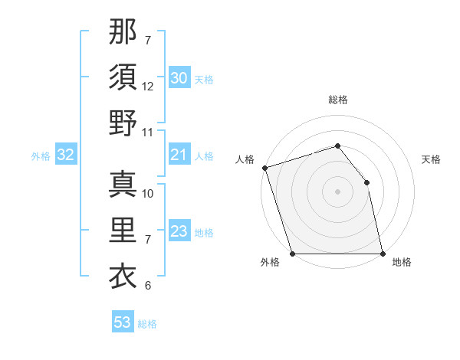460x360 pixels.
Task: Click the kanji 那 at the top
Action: (123, 32)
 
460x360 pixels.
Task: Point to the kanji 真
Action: (123, 185)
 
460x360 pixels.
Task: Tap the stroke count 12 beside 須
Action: (148, 87)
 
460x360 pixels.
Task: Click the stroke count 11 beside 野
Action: (148, 132)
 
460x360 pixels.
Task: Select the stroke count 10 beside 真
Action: (148, 194)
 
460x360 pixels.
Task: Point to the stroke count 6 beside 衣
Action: (147, 286)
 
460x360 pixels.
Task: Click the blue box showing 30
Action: (179, 78)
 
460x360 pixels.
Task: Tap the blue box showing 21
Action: (179, 155)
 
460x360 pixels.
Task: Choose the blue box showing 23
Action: (179, 231)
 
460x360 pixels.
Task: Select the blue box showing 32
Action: (65, 155)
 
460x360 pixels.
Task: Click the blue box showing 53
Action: (123, 322)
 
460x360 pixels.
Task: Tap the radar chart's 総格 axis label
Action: (337, 100)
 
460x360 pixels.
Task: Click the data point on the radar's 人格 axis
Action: (264, 168)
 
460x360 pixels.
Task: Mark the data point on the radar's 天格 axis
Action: (366, 182)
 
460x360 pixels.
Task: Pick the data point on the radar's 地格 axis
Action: (382, 254)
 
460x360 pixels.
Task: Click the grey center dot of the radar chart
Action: (337, 191)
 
